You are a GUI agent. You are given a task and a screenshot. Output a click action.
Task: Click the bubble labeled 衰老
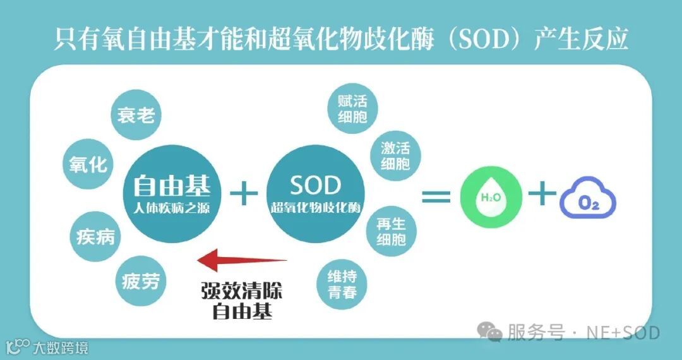click(x=136, y=115)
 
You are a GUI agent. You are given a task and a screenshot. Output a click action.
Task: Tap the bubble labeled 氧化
click(x=88, y=164)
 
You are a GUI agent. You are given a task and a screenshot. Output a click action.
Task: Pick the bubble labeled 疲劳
click(x=140, y=282)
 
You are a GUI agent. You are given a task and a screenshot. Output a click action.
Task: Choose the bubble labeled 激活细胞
click(x=395, y=156)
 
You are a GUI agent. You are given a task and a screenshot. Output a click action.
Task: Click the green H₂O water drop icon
click(x=491, y=198)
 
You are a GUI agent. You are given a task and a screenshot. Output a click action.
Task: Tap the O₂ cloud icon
click(x=588, y=200)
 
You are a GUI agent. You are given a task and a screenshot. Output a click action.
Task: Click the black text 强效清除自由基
click(x=242, y=301)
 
